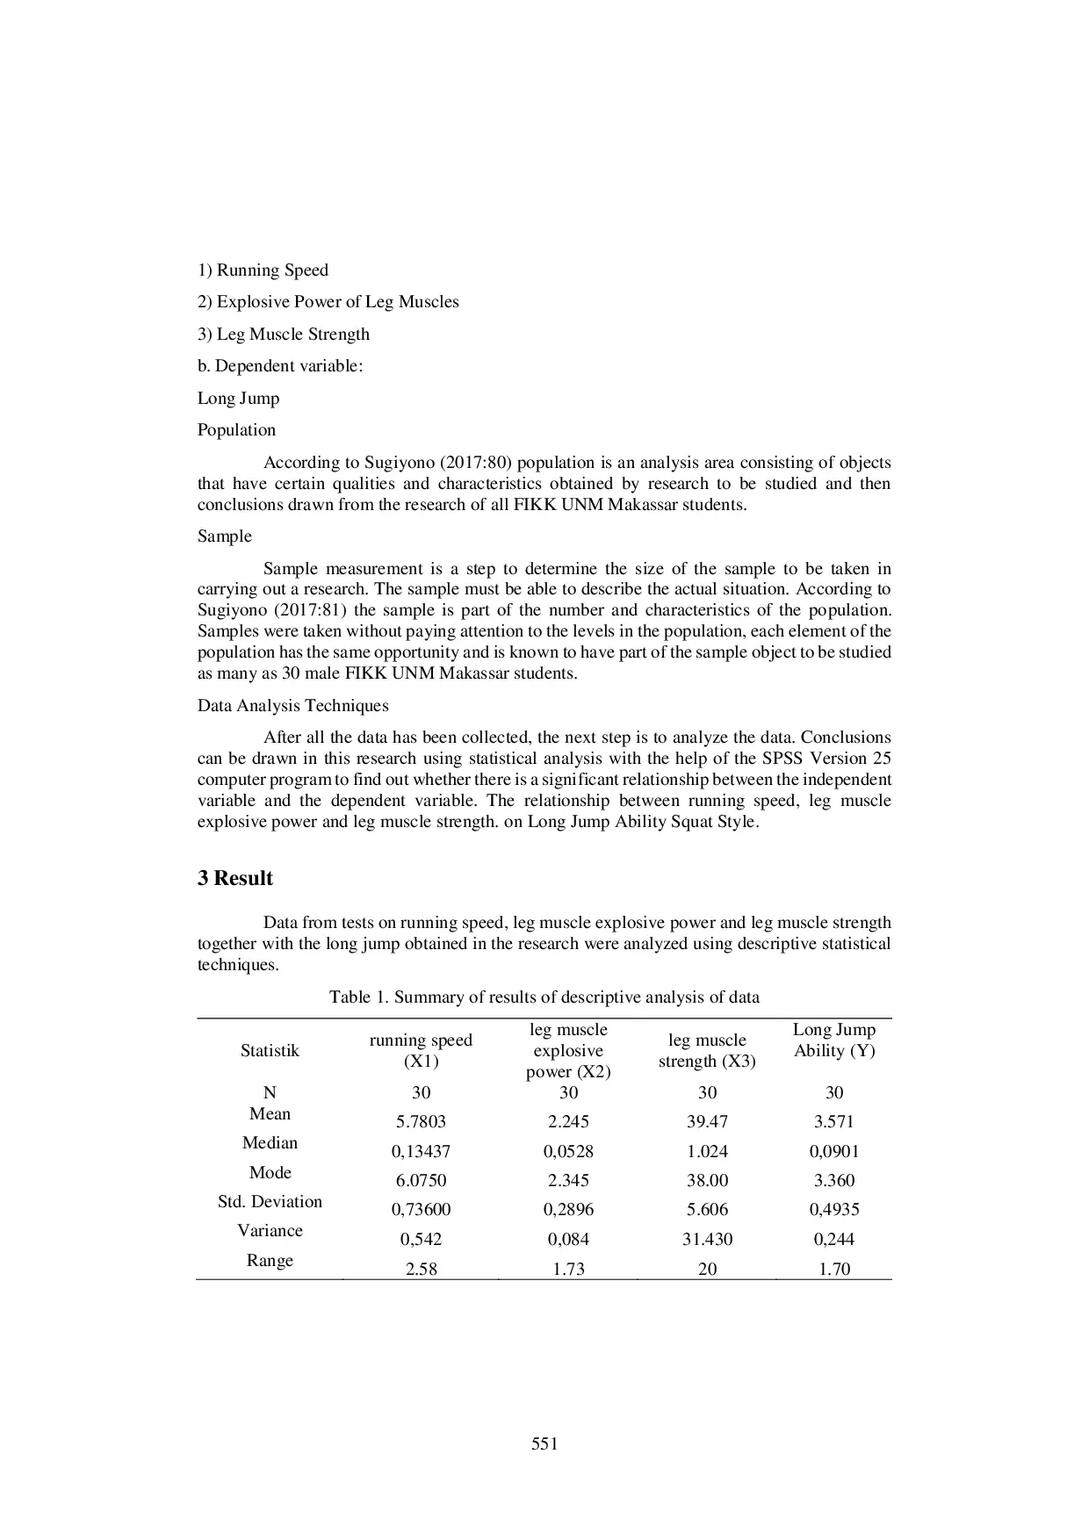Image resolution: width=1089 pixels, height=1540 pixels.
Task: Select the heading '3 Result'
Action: [x=234, y=879]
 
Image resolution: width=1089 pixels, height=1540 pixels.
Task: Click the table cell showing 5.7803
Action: [x=421, y=1122]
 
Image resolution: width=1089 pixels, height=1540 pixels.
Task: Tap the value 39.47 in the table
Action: [x=707, y=1122]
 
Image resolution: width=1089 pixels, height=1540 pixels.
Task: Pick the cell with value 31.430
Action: [x=707, y=1240]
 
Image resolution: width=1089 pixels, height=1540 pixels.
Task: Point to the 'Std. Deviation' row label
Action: [x=270, y=1202]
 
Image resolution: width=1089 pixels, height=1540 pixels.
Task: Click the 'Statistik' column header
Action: [x=270, y=1051]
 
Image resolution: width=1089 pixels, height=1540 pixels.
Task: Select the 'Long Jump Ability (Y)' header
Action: [x=833, y=1040]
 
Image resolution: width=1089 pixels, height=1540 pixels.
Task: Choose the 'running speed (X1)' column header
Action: [x=421, y=1051]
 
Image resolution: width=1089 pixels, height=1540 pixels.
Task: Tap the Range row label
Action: [x=270, y=1261]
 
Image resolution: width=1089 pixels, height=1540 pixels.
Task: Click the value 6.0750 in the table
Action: [x=421, y=1181]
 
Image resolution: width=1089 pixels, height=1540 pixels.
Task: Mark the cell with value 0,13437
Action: [x=421, y=1152]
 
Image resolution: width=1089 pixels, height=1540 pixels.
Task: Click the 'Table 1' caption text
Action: [x=544, y=997]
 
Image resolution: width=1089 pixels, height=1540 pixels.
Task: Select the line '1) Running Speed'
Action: [x=263, y=270]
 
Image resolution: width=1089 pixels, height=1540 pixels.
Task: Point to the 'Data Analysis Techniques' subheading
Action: [x=292, y=706]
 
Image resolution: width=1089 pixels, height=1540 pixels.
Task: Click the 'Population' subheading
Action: [x=236, y=430]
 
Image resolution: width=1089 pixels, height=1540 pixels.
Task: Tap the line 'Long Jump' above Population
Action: [x=238, y=399]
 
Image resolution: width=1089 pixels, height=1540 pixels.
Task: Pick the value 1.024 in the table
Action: [x=707, y=1152]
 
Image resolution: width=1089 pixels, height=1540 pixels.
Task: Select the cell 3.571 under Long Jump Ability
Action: [x=833, y=1122]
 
